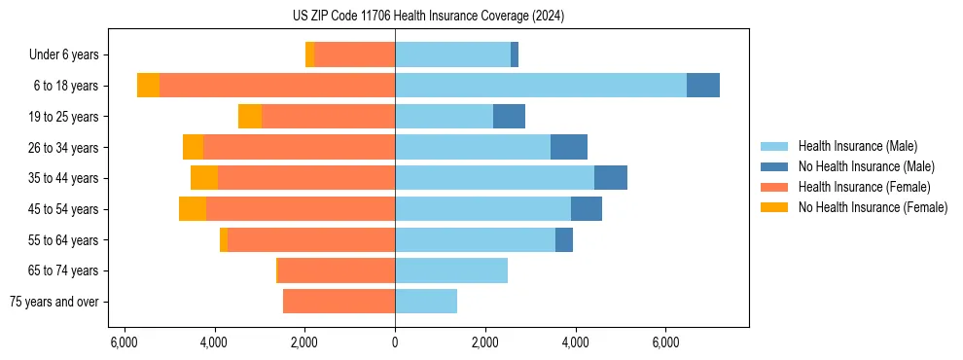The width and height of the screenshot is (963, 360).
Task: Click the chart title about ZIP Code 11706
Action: tap(428, 17)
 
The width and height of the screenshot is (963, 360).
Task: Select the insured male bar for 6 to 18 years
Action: tap(540, 86)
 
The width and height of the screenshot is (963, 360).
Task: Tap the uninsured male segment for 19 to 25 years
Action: tap(509, 117)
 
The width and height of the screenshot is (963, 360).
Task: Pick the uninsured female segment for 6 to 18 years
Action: tap(148, 86)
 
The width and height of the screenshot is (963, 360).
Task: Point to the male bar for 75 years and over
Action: tap(426, 302)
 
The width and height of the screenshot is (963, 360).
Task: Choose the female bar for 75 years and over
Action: tap(339, 302)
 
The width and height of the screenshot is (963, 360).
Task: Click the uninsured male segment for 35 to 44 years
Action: tap(611, 178)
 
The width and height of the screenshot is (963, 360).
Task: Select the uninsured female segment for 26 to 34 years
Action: tap(193, 147)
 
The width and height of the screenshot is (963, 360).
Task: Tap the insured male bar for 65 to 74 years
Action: tap(451, 270)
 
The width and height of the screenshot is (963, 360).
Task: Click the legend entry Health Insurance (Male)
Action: tap(857, 146)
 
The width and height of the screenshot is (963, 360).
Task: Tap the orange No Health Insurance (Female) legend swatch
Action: tap(774, 207)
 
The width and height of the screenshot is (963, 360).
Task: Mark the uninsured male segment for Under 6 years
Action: tap(515, 54)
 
